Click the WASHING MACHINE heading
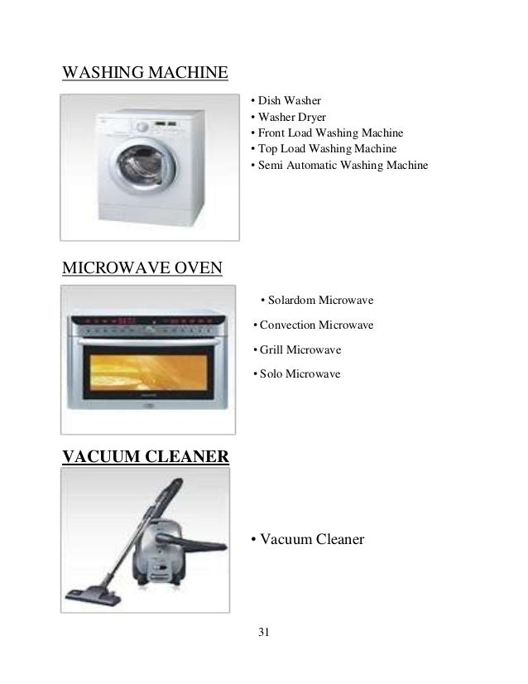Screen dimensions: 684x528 [145, 74]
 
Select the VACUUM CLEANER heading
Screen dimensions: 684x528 [146, 455]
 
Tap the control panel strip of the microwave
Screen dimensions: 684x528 [150, 322]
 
